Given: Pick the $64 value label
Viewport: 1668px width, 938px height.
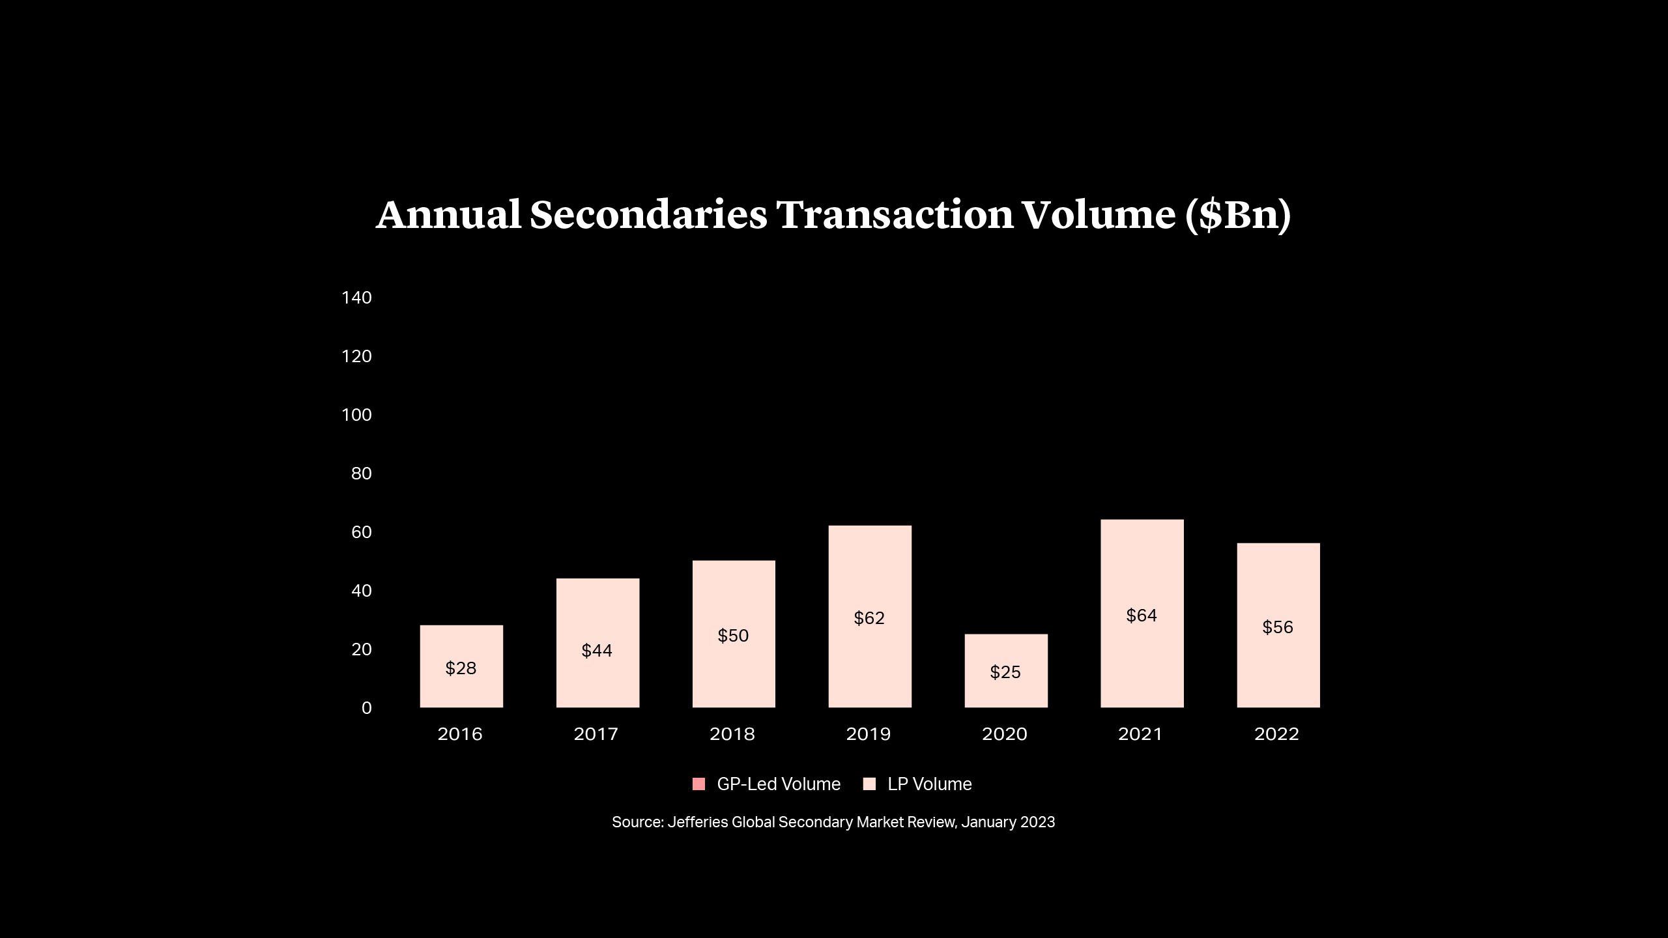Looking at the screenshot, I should click(x=1142, y=616).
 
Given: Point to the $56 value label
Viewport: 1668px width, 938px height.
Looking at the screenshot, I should click(x=1278, y=627).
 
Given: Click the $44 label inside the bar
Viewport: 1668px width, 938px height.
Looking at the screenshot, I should click(x=597, y=651).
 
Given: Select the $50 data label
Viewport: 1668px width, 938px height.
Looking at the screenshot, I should click(x=733, y=636).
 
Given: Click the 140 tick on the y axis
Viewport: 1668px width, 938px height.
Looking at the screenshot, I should click(x=356, y=298).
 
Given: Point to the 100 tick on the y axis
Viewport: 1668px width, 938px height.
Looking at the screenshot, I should click(x=356, y=415).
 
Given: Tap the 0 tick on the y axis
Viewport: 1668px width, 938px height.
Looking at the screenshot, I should click(x=366, y=708).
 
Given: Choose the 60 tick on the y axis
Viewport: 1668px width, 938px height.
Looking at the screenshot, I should click(x=361, y=532).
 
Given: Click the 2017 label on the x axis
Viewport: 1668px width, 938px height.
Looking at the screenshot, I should click(x=596, y=734).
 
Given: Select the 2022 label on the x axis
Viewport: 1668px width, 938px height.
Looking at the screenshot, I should click(x=1276, y=734).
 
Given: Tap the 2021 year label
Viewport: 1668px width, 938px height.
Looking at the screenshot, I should click(x=1140, y=734).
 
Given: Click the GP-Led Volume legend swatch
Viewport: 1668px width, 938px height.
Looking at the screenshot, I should click(x=698, y=784).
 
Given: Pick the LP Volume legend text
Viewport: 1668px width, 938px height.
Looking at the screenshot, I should click(x=929, y=784).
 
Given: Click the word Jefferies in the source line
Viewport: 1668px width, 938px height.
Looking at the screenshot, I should click(x=697, y=822).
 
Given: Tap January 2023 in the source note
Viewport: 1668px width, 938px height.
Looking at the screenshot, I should click(x=1007, y=822).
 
